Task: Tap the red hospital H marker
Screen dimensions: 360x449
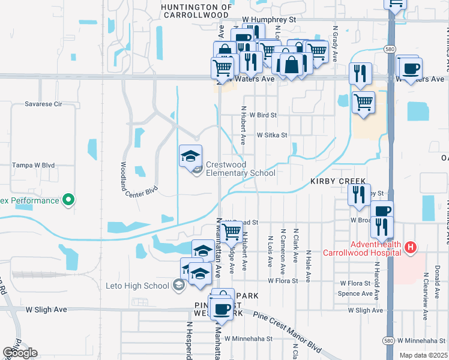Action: pyautogui.click(x=411, y=247)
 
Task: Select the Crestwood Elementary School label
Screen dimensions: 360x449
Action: pyautogui.click(x=240, y=169)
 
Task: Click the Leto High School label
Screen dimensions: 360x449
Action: pyautogui.click(x=138, y=286)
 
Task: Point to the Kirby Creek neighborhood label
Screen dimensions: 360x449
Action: pyautogui.click(x=337, y=181)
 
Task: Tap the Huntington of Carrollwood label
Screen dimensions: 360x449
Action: pyautogui.click(x=196, y=10)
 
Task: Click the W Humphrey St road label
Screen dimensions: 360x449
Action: pyautogui.click(x=270, y=19)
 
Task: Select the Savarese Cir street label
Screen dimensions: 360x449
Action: pyautogui.click(x=43, y=104)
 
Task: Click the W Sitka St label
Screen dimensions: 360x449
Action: pyautogui.click(x=273, y=136)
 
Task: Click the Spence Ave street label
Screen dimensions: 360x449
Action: pyautogui.click(x=355, y=293)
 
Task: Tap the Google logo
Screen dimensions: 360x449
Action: pyautogui.click(x=20, y=353)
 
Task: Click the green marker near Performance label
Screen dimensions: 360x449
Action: pyautogui.click(x=68, y=200)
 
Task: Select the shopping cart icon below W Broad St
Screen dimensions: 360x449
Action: pyautogui.click(x=231, y=231)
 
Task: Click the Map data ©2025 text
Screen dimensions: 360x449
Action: pyautogui.click(x=424, y=355)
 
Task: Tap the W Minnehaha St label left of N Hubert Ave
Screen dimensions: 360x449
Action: pyautogui.click(x=249, y=338)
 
